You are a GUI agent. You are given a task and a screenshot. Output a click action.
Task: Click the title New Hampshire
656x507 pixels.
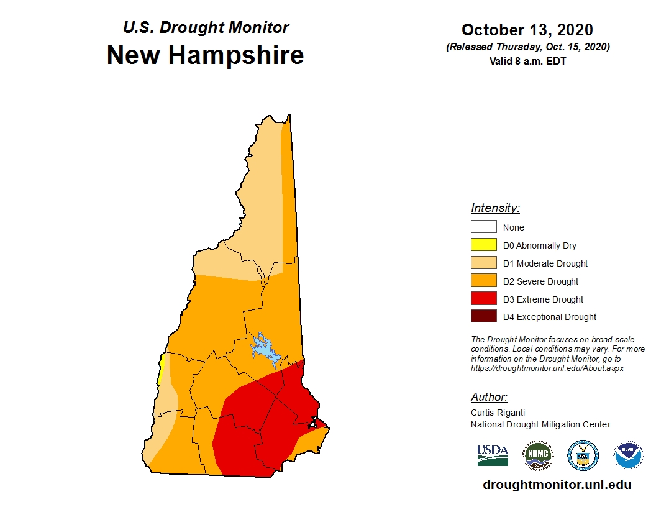(205, 55)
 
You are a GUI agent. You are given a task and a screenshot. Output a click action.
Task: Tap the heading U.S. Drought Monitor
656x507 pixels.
(206, 27)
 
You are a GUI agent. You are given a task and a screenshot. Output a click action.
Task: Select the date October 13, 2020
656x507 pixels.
(527, 30)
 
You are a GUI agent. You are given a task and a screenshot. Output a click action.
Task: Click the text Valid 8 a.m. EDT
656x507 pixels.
(527, 61)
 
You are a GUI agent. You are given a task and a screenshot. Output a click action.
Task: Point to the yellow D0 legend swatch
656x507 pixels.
(483, 245)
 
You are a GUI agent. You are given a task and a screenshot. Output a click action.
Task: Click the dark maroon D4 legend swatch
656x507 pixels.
(483, 317)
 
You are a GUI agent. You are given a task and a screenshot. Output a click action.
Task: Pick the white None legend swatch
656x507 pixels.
(483, 227)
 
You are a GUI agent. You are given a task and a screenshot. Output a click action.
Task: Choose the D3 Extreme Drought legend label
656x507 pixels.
(543, 299)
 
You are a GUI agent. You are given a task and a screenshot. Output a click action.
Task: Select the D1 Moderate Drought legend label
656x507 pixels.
(545, 263)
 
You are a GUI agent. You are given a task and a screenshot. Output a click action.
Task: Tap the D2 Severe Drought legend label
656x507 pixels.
(540, 281)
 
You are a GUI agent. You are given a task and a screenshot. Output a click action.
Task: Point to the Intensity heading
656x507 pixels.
(495, 208)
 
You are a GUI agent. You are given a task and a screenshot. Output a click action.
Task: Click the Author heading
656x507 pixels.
(489, 397)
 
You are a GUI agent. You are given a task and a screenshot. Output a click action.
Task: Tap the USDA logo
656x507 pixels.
(493, 455)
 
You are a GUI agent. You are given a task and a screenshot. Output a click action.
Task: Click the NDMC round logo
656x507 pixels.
(537, 455)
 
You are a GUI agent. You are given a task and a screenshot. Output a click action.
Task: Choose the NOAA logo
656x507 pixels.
(627, 455)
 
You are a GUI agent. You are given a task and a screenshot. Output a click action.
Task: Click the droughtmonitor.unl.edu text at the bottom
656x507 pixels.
(557, 485)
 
